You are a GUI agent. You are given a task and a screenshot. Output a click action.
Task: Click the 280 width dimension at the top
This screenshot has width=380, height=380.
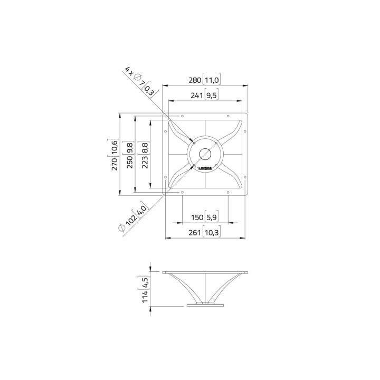point(195,80)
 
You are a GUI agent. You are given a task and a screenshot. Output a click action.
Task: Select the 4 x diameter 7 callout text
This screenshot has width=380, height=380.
point(135,77)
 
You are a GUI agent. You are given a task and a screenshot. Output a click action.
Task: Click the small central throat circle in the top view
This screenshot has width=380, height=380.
point(205,154)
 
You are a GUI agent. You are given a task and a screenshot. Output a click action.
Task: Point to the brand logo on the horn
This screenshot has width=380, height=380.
point(205,169)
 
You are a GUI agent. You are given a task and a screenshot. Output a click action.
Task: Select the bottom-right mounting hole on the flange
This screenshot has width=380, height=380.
point(228,193)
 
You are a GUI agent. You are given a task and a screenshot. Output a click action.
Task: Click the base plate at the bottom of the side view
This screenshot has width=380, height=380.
point(205,305)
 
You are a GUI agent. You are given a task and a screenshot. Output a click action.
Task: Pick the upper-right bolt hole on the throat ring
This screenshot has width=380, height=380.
point(216,142)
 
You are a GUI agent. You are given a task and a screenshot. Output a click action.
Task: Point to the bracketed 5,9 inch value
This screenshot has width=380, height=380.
point(211,217)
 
